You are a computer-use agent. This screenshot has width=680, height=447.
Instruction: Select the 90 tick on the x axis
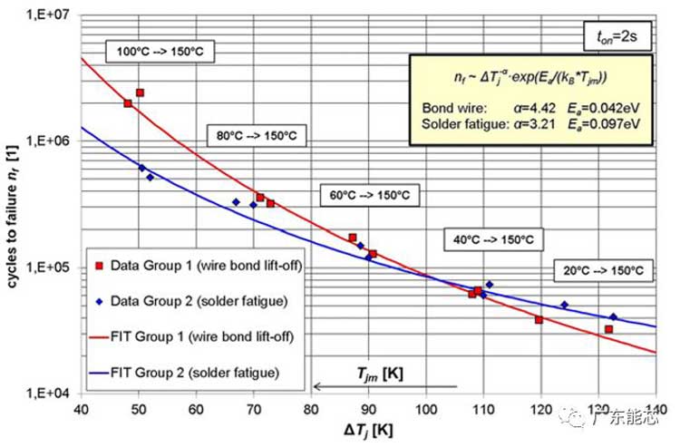point(369,409)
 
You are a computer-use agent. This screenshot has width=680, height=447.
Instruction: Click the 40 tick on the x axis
point(83,409)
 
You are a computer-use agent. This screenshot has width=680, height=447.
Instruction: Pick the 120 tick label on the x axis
point(541,409)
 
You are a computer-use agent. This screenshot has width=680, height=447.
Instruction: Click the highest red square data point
point(140,92)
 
